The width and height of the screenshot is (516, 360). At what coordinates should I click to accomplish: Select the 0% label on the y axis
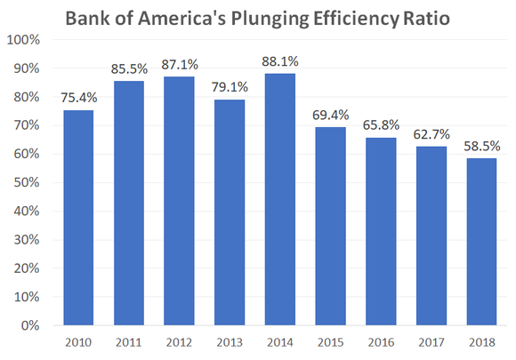coord(32,325)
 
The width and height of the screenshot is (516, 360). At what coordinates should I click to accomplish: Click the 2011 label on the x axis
coord(128,342)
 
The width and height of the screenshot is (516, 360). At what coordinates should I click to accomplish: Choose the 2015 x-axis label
coord(330,342)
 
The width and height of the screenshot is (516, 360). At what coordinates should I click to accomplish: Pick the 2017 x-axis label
coord(431,342)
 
